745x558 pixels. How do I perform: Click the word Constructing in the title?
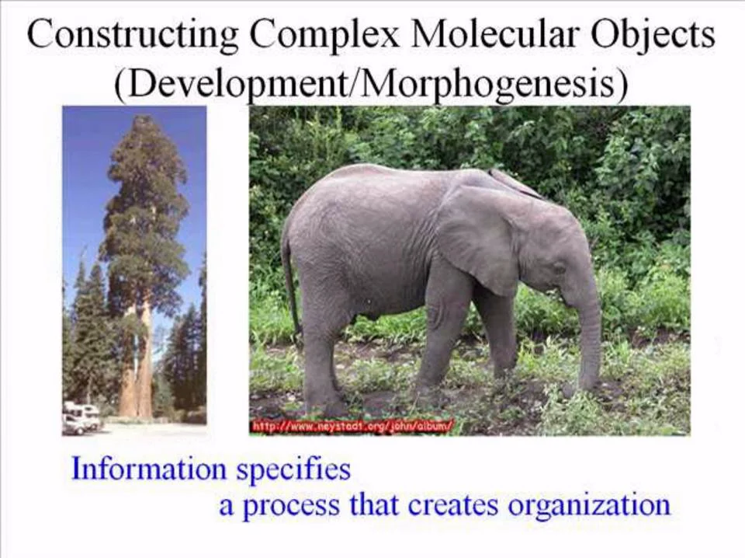click(133, 35)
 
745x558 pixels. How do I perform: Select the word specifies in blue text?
click(293, 469)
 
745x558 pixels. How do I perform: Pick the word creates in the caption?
click(452, 505)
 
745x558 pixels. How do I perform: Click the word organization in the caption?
click(589, 506)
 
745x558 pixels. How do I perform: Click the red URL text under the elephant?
click(352, 426)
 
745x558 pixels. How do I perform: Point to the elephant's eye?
click(560, 268)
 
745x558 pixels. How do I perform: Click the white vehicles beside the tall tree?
click(81, 417)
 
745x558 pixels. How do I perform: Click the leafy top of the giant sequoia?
click(145, 200)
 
